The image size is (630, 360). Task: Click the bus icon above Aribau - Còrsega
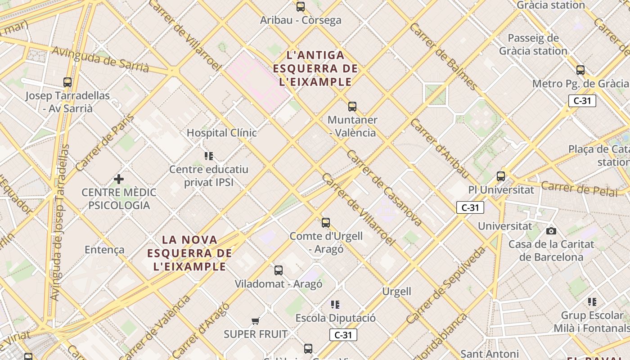click(301, 7)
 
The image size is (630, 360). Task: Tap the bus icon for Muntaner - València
click(352, 107)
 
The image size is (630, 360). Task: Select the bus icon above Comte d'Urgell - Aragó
click(326, 223)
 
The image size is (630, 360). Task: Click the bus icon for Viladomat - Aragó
click(279, 270)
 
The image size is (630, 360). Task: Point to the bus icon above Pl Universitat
click(501, 176)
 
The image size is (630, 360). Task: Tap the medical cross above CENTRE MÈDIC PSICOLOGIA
click(119, 179)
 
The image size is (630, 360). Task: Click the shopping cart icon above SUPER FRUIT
click(256, 321)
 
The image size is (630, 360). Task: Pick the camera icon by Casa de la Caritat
click(551, 231)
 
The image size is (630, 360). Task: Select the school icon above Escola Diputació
click(335, 305)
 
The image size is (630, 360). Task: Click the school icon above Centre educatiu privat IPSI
click(208, 156)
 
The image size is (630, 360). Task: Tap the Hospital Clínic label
click(221, 133)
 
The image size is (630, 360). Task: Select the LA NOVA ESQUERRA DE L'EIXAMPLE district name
click(189, 253)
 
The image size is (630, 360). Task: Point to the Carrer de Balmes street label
click(443, 56)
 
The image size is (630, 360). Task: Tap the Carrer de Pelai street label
click(580, 188)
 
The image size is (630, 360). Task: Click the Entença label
click(104, 250)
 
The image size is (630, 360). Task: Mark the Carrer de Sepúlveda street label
click(446, 285)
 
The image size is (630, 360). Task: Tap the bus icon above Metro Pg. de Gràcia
click(580, 70)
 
